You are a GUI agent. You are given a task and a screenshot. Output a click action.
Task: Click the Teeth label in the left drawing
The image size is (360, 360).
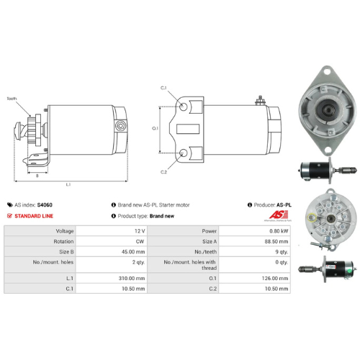pos(12,99)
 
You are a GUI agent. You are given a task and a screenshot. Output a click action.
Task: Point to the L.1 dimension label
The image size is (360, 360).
pos(68,185)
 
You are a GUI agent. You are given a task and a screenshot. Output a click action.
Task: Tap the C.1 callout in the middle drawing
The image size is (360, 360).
pos(163,88)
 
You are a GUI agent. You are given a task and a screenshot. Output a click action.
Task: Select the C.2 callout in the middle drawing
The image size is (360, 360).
pos(163,172)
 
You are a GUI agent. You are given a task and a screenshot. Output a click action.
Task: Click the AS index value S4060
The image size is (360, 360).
pos(45,204)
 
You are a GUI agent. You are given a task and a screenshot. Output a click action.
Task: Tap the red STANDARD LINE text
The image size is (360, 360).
pos(33,215)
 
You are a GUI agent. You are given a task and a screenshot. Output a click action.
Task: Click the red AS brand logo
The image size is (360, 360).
pos(279,216)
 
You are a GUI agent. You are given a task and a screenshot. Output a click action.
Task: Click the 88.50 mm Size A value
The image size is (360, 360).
pos(279,241)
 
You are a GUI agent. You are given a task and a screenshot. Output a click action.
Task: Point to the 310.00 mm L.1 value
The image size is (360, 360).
pos(132,277)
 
